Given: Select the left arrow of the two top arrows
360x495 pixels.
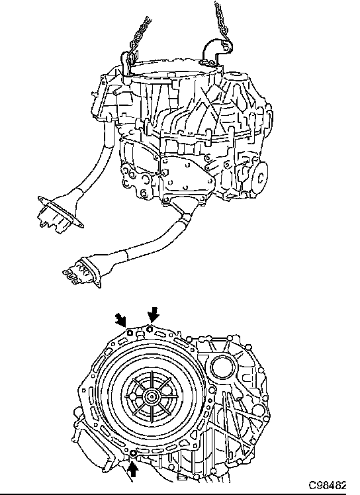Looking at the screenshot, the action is coord(121,320).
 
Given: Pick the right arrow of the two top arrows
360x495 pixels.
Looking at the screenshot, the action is coord(154,314).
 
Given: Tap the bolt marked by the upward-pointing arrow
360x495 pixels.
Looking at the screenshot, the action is coord(133,454).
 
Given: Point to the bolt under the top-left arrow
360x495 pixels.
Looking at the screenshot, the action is coord(130,332).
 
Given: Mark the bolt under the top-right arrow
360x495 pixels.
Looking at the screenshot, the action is coord(150,330).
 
